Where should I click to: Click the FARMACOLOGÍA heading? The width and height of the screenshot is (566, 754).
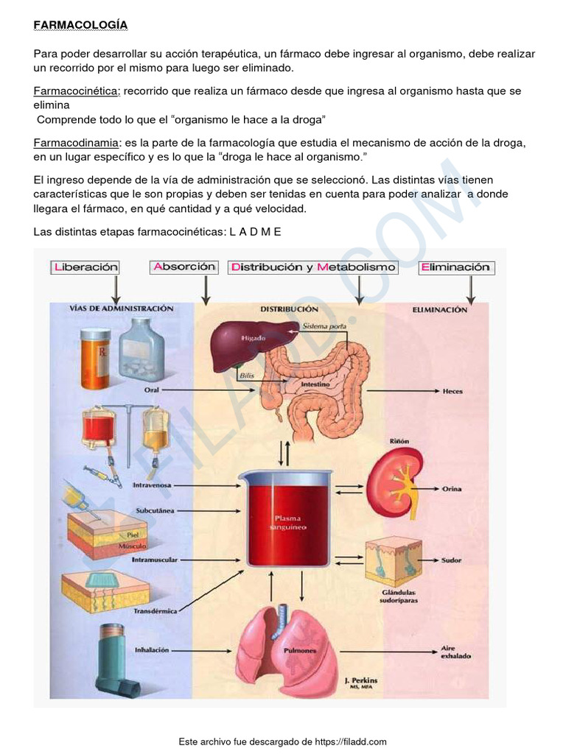pyautogui.click(x=80, y=25)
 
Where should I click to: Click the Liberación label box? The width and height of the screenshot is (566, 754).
pyautogui.click(x=85, y=268)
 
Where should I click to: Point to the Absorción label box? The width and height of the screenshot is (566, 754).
pyautogui.click(x=184, y=267)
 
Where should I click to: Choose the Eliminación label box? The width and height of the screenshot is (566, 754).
pyautogui.click(x=456, y=268)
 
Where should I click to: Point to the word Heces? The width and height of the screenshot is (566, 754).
pyautogui.click(x=452, y=392)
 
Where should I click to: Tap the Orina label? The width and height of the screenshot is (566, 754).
pyautogui.click(x=452, y=488)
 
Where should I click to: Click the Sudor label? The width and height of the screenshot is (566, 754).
pyautogui.click(x=451, y=560)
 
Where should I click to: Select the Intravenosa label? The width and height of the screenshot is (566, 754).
pyautogui.click(x=152, y=486)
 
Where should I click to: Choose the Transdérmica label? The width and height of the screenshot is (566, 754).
pyautogui.click(x=155, y=611)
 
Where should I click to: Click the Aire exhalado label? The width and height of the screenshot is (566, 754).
pyautogui.click(x=455, y=652)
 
